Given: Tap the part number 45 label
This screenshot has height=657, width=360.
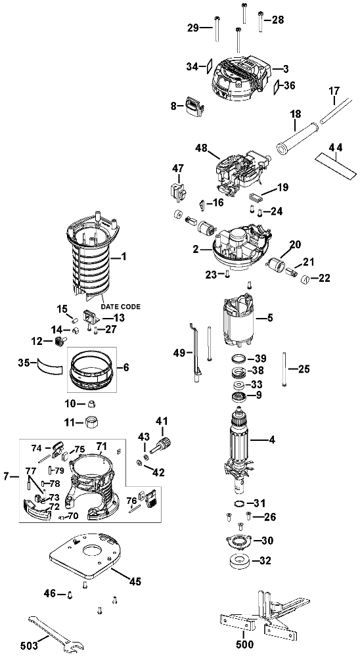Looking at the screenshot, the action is click(135, 581).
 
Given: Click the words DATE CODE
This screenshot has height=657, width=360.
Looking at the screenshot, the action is click(120, 307).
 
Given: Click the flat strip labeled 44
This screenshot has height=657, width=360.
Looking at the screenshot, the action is click(335, 162).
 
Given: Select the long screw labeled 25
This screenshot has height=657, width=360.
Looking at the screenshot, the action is click(284, 369).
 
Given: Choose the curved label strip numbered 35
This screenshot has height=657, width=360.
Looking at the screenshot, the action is click(50, 365).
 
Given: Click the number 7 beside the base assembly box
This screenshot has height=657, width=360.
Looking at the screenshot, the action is click(7, 476).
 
